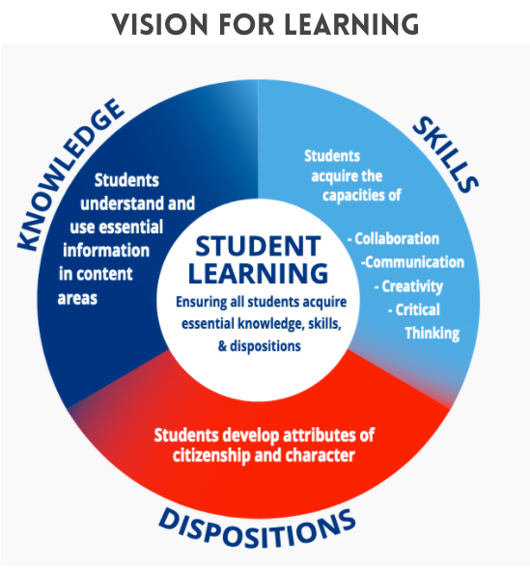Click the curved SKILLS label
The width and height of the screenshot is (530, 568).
point(445,154)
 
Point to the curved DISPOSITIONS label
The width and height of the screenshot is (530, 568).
point(257,528)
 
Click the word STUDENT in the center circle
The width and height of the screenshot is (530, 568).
point(258,246)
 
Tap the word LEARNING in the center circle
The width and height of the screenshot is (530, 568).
point(258,273)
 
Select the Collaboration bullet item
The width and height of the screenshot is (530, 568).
point(393,239)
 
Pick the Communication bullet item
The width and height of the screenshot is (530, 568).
point(412,262)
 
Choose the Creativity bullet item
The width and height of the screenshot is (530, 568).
point(408,286)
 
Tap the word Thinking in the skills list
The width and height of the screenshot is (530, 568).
point(432,334)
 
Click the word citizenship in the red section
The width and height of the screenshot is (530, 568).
point(211,456)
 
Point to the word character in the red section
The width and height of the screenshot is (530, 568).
point(321,455)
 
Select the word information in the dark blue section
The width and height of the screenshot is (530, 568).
point(106,251)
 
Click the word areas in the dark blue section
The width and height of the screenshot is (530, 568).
point(77,299)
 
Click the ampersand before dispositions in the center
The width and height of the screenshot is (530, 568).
point(222,346)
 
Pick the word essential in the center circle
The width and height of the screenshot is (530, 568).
point(208,323)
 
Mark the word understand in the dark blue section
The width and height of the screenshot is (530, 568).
point(122,203)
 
